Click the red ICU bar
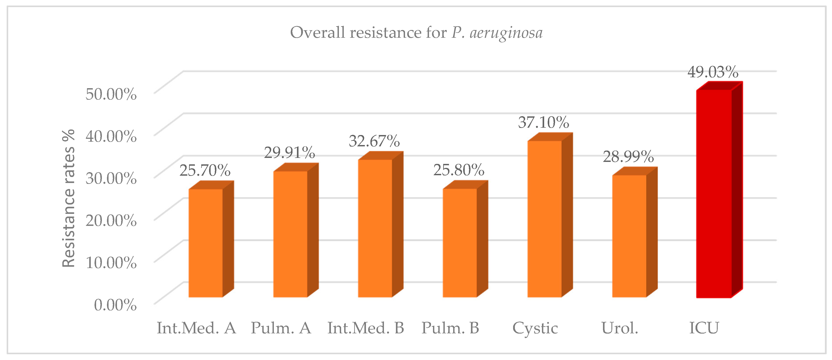(x=713, y=194)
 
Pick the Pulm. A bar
(x=290, y=234)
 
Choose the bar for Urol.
(x=629, y=236)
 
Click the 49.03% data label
(x=713, y=72)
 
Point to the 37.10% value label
(x=543, y=122)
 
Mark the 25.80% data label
(x=459, y=170)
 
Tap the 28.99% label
(x=628, y=157)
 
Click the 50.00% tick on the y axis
(x=111, y=94)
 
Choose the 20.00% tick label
(x=111, y=221)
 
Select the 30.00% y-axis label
(x=111, y=178)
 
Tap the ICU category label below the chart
(x=704, y=328)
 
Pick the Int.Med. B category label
(x=366, y=328)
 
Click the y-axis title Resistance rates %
(x=69, y=198)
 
